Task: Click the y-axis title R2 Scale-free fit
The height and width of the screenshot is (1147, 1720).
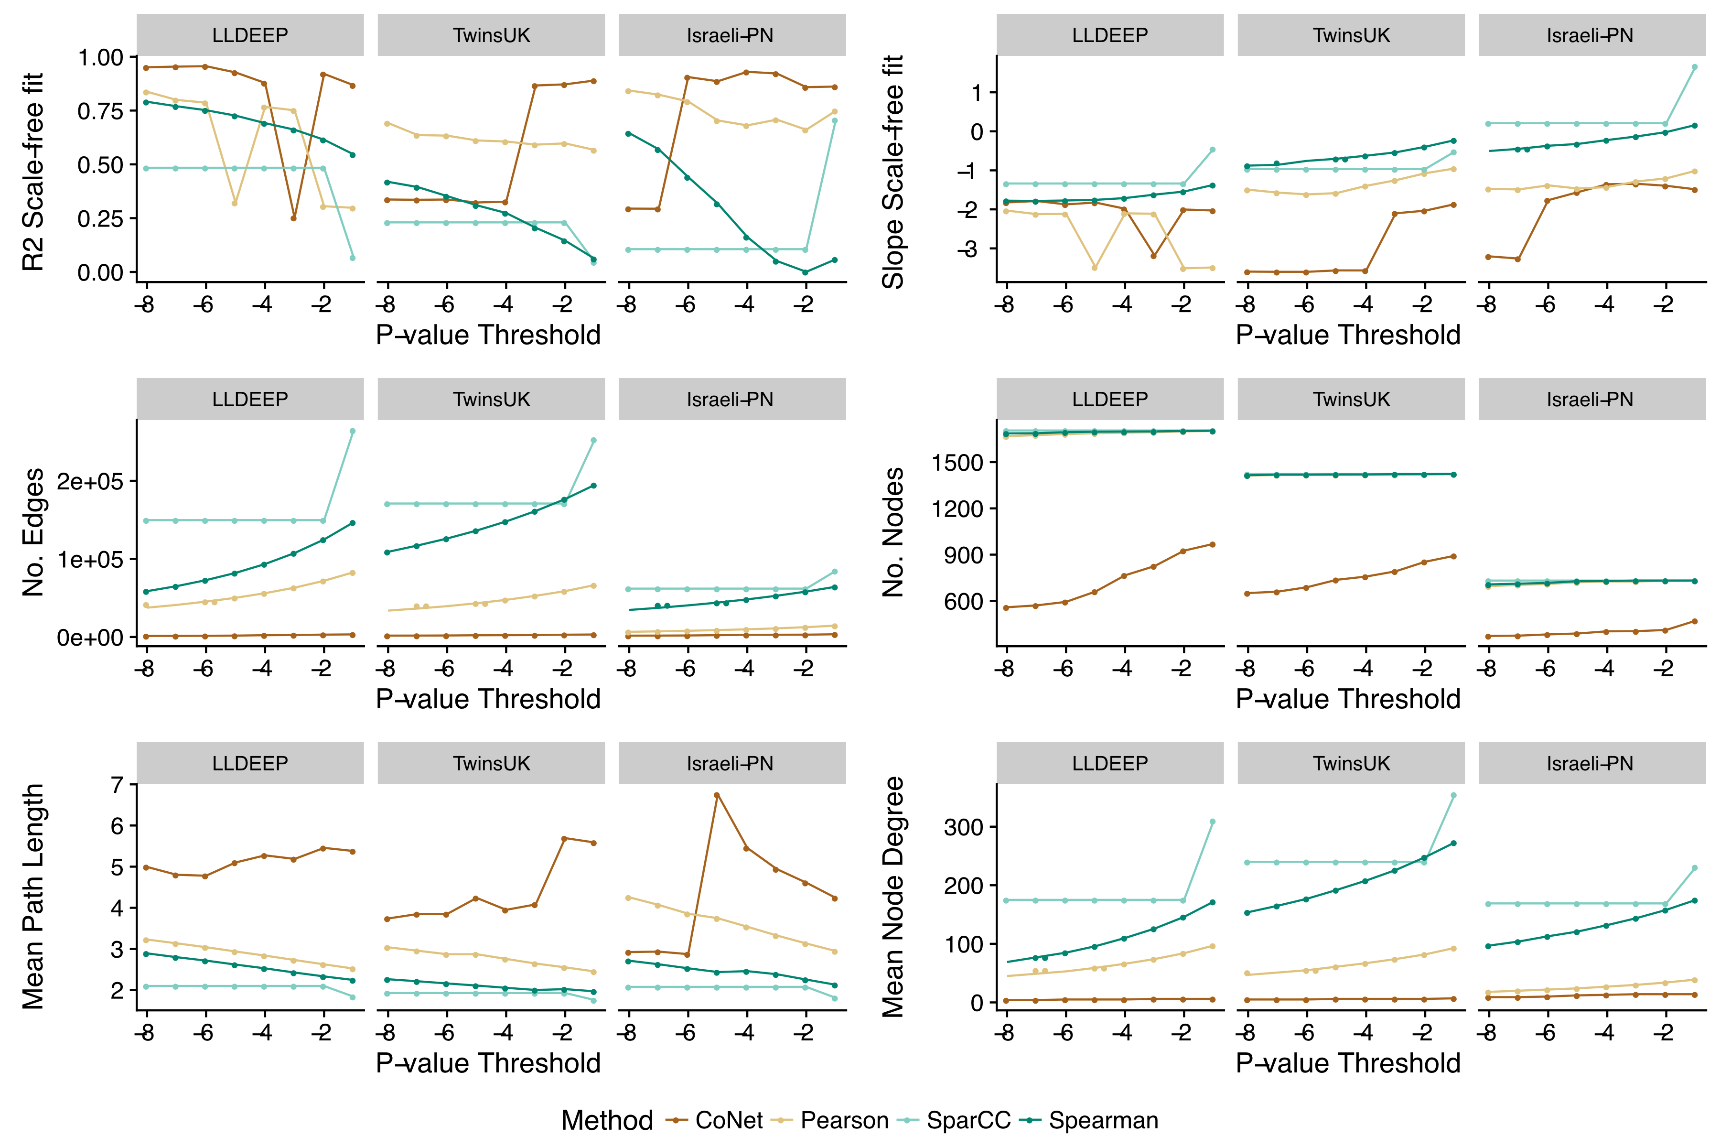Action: coord(33,172)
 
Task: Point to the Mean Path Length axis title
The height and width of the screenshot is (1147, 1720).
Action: coord(33,896)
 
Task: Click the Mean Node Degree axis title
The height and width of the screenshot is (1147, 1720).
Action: coord(893,896)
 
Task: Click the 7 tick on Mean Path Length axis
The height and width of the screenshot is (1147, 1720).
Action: coord(117,785)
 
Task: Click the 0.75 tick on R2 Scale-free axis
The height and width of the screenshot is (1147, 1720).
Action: coord(100,111)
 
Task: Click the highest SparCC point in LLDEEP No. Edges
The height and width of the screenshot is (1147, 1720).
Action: coord(353,431)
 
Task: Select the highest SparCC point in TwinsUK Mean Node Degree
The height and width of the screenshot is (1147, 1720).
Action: coord(1453,795)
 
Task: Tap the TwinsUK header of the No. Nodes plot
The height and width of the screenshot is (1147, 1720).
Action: coord(1351,400)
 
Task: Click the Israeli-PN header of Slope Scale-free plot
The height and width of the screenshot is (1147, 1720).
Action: coord(1590,35)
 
